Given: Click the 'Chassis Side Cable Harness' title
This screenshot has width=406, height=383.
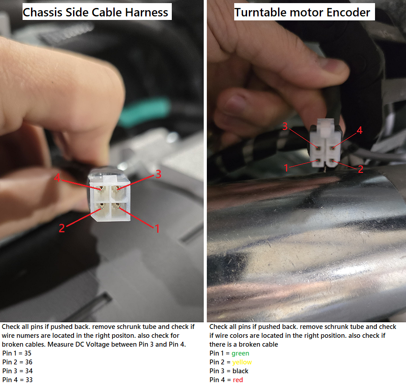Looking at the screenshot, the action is tap(96, 12).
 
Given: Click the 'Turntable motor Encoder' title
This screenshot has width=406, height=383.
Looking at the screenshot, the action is tap(302, 12).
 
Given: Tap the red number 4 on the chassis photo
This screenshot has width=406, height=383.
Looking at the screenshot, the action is tap(57, 178).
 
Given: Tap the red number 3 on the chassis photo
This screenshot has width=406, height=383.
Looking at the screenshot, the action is tap(159, 174).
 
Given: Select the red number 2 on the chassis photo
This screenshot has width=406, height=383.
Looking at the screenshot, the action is tap(62, 228).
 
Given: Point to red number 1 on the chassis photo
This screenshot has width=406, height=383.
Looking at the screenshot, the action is tap(157, 229).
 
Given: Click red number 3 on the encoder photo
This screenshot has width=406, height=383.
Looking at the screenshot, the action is tap(285, 126).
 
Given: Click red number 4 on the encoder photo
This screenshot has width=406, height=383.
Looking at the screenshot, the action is tap(360, 130).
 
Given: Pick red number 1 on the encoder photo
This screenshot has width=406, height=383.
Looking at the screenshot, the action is tap(286, 168).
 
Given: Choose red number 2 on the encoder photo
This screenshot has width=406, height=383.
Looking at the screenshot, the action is tap(360, 169).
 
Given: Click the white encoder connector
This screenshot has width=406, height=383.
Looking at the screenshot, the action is tap(326, 143).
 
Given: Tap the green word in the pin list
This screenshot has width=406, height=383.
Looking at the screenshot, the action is tap(240, 353).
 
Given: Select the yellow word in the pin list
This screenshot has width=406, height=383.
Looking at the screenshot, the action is tap(242, 362).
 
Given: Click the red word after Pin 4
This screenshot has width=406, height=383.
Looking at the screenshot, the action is tap(238, 379).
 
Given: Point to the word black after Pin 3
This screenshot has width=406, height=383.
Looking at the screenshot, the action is tap(240, 371).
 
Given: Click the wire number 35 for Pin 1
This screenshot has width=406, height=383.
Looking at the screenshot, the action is tap(28, 353).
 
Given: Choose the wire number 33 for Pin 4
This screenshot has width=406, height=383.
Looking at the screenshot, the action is tap(29, 379).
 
